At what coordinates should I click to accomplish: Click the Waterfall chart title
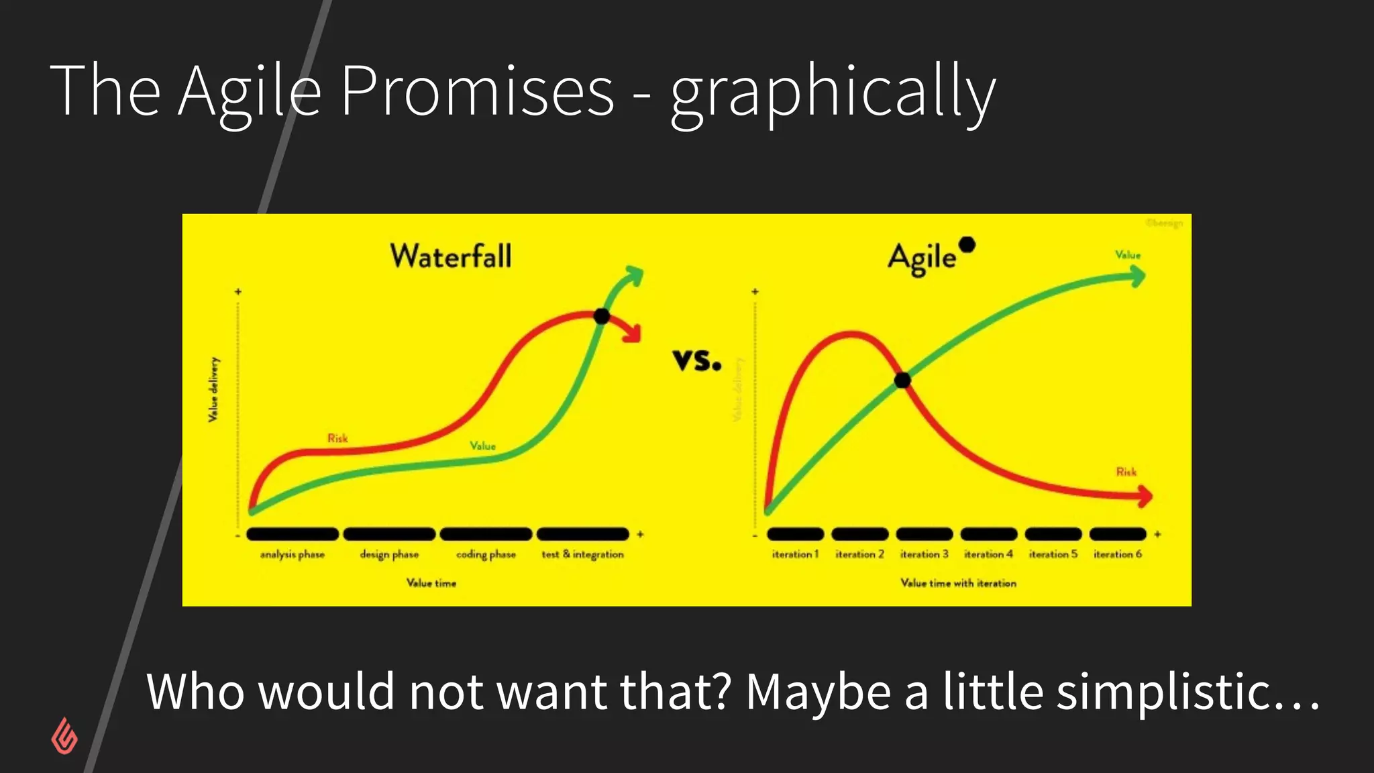(451, 256)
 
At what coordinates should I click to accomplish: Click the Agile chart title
(922, 258)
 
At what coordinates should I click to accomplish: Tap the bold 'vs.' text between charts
(697, 360)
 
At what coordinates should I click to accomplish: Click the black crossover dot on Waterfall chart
(602, 316)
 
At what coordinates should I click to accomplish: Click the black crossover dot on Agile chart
(902, 380)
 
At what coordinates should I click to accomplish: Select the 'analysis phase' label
(293, 554)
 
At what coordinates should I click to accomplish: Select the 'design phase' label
(389, 554)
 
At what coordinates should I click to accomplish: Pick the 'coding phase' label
(486, 554)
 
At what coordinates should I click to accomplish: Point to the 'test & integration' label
(582, 554)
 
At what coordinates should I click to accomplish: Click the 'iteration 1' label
(795, 554)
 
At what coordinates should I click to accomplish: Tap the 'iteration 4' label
(988, 554)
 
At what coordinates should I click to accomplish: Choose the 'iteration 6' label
(1118, 554)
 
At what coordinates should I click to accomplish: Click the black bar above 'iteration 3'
(924, 534)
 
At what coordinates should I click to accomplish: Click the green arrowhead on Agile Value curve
(1138, 276)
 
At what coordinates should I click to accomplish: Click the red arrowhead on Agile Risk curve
(1145, 497)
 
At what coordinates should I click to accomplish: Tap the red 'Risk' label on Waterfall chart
(337, 438)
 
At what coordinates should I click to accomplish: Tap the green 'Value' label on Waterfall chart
(482, 446)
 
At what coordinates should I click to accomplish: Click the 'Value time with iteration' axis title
(958, 583)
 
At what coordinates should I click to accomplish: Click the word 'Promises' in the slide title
(477, 90)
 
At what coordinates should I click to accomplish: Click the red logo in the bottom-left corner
(64, 736)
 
